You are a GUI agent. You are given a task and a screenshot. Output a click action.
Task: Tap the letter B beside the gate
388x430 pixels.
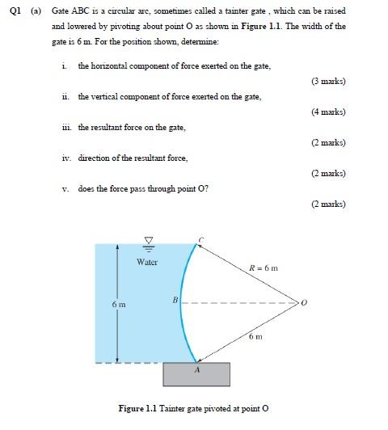(175, 300)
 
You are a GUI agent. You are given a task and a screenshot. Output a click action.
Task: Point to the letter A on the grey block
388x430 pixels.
(196, 369)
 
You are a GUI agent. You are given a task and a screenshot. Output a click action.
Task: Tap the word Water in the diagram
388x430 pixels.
(147, 262)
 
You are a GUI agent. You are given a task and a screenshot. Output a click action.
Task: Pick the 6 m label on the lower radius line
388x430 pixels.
(256, 335)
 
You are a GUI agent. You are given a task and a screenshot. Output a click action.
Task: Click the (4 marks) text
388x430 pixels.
(328, 112)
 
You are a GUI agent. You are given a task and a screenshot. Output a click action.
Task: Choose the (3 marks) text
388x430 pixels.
(328, 81)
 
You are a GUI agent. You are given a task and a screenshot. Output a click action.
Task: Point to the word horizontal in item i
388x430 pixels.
(110, 65)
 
